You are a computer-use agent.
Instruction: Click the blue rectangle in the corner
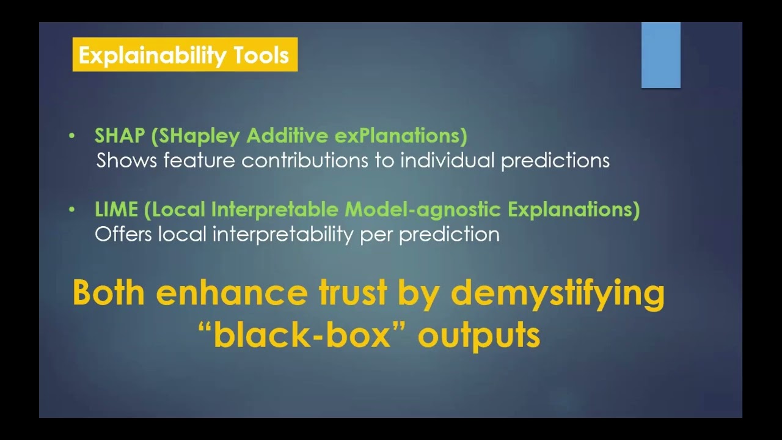point(660,55)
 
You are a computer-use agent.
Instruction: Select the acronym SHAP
point(119,136)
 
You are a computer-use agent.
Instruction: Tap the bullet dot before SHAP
point(72,136)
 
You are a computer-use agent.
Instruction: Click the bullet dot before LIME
point(72,210)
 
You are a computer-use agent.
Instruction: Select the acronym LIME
point(116,210)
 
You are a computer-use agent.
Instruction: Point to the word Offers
point(123,234)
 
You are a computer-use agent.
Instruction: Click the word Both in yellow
point(109,293)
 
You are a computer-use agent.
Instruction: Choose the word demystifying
point(557,294)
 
